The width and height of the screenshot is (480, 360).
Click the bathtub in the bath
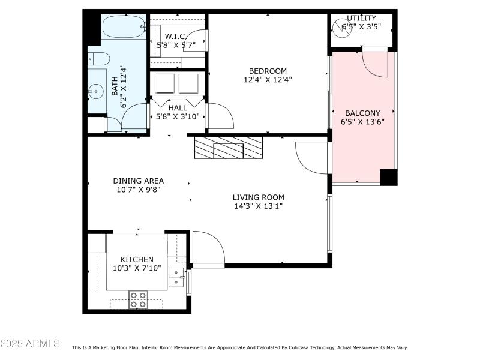[x=124, y=27]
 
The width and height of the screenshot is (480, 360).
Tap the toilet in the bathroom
[x=99, y=59]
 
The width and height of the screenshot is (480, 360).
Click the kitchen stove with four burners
[x=138, y=299]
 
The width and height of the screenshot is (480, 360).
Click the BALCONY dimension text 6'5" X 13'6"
[x=362, y=122]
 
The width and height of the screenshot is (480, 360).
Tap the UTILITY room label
[x=361, y=18]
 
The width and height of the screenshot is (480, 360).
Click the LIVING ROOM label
[x=258, y=197]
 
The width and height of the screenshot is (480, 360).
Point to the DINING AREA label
[x=139, y=181]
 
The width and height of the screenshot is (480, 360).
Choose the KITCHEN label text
[x=137, y=259]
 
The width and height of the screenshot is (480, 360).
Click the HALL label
[x=177, y=108]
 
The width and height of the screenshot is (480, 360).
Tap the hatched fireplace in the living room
[x=228, y=148]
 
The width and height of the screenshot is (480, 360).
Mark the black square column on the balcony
[x=388, y=177]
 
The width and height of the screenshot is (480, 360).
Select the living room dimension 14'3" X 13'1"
[x=258, y=206]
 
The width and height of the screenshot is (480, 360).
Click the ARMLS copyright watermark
[x=30, y=344]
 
